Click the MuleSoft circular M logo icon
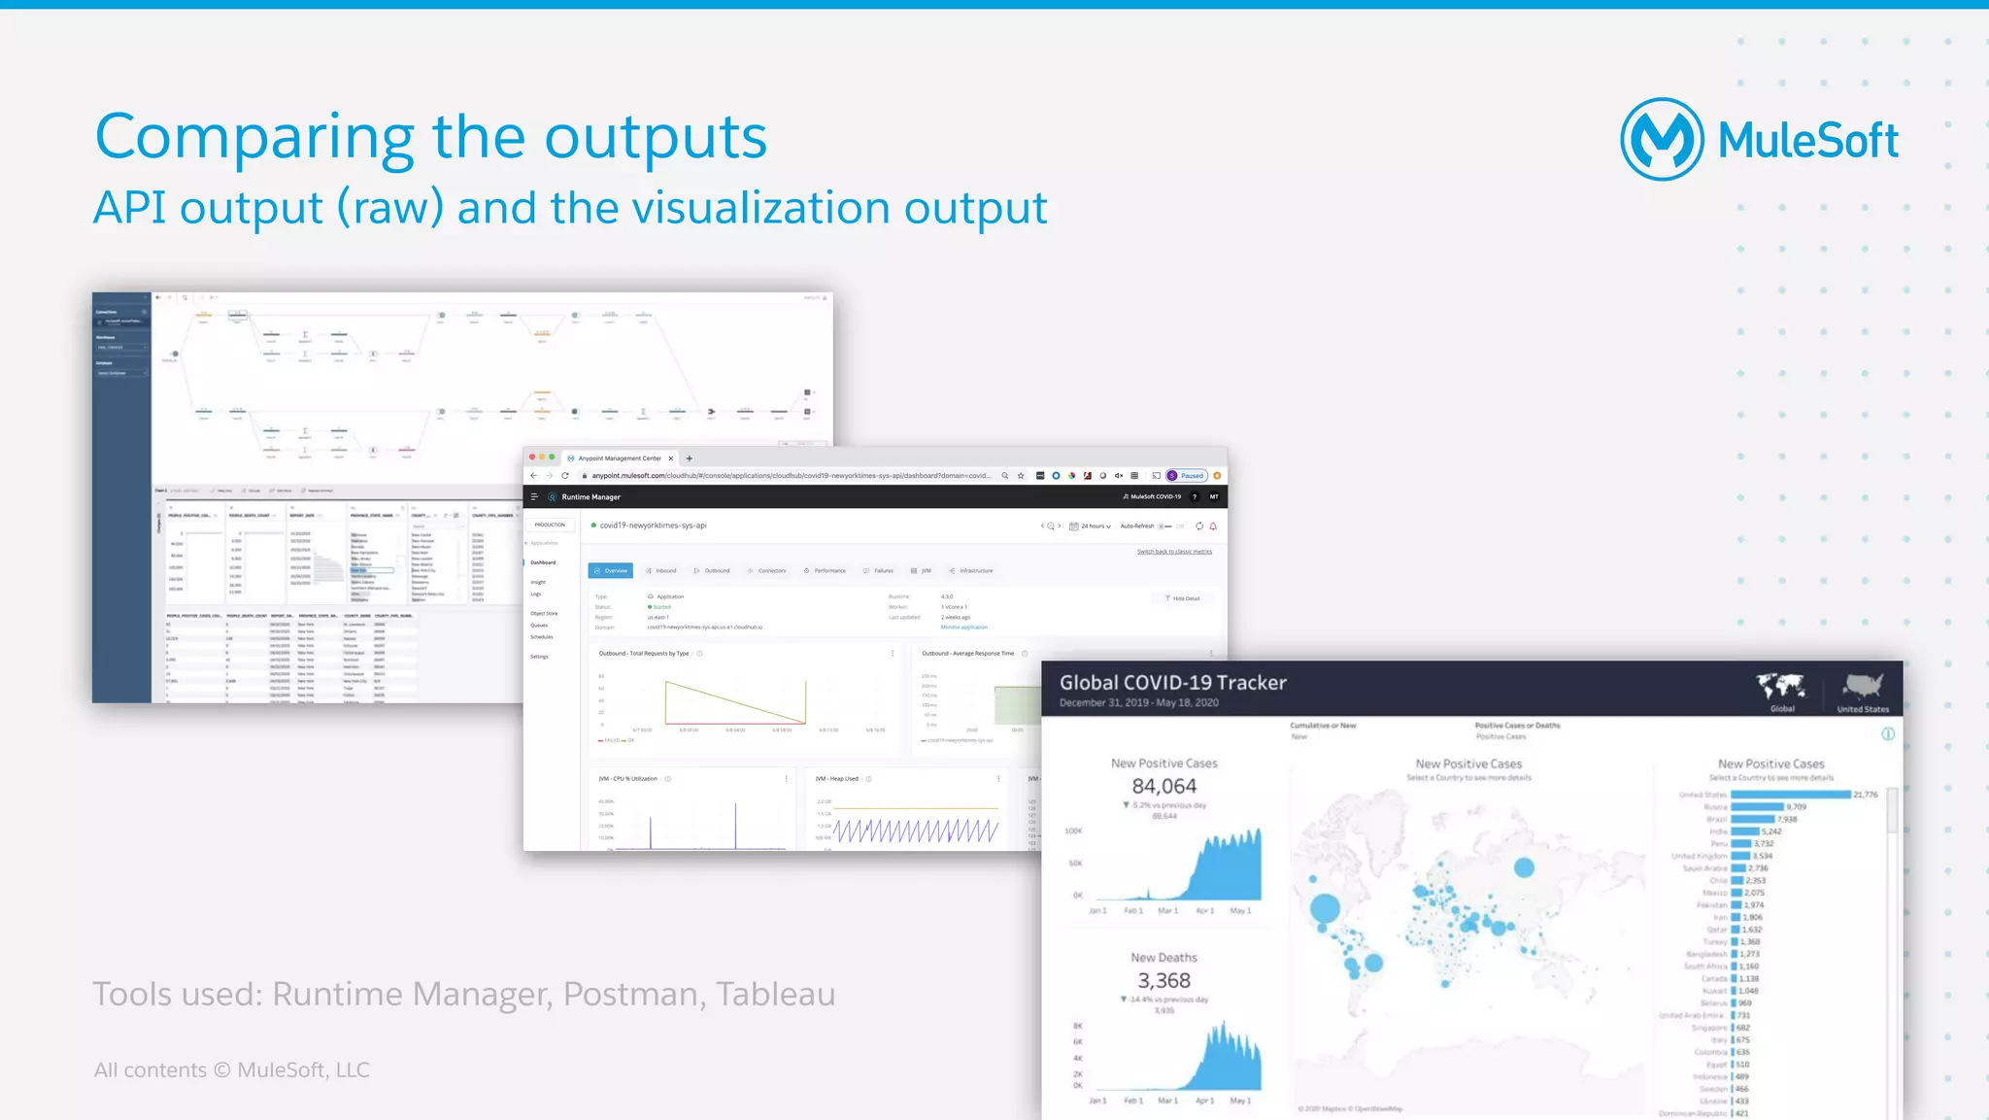coord(1661,140)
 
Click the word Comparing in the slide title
coord(254,138)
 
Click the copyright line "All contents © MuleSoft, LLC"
coord(231,1069)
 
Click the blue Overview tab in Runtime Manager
coord(610,571)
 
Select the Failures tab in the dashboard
coord(879,571)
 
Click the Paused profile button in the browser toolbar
coord(1187,476)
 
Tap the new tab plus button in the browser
coord(690,458)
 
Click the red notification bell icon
coord(1213,526)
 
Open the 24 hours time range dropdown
coord(1091,526)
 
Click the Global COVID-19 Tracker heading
coord(1172,683)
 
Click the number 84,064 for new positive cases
coord(1163,786)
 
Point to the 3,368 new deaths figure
coord(1163,980)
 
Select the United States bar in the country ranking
coord(1790,795)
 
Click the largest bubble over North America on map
coord(1325,909)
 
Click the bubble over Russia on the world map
coord(1524,867)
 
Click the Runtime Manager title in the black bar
coord(590,497)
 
